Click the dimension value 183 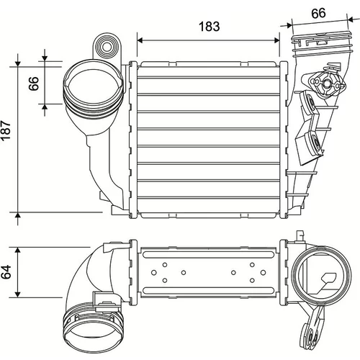point(210,27)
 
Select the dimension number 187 point(6,130)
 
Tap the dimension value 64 point(6,271)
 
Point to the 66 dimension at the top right point(318,13)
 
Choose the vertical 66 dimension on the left point(34,84)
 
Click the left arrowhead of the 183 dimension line point(140,40)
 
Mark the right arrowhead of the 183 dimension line point(276,40)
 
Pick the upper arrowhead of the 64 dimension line point(17,250)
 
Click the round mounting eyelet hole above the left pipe point(106,46)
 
